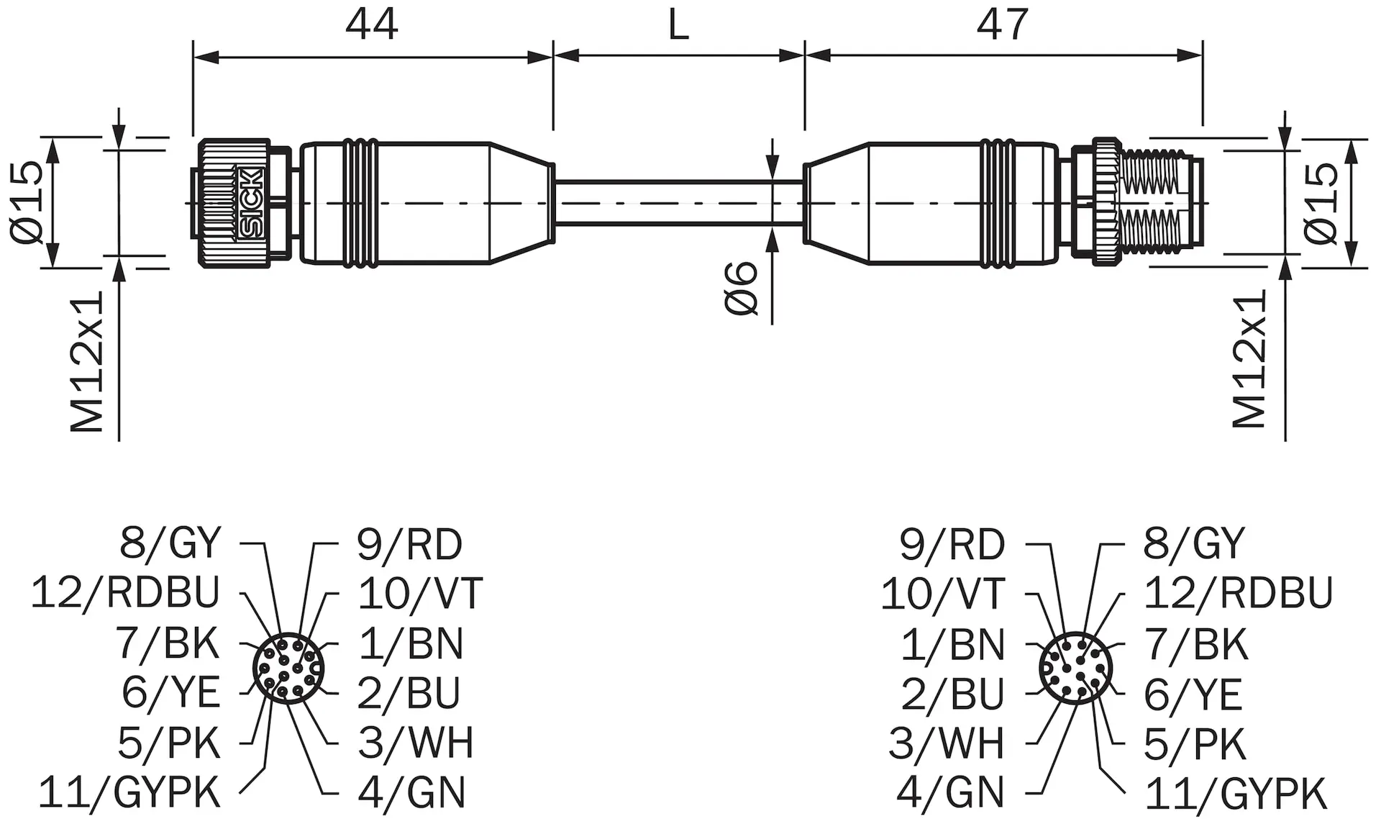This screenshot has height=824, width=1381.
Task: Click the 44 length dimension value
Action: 371,24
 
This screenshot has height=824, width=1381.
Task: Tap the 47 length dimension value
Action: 1003,24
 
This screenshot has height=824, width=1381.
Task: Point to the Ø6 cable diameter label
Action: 741,288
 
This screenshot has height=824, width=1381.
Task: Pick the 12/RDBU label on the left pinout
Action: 125,592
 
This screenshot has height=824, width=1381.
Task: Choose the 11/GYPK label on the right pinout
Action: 1235,793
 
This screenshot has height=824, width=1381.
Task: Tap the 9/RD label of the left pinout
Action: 409,544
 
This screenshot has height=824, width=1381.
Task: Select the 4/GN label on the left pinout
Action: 411,792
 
